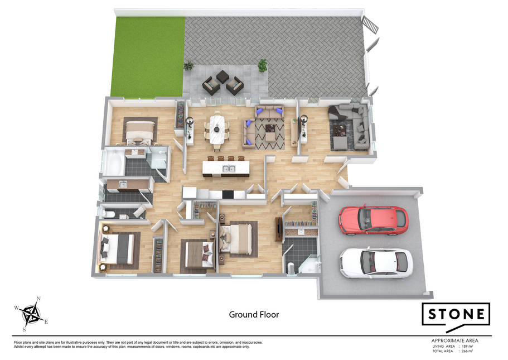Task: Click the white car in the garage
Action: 376,263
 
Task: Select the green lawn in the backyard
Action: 148,57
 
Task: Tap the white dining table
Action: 217,129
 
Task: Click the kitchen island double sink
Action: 229,169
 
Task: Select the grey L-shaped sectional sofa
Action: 350,127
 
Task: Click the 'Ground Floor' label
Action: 254,315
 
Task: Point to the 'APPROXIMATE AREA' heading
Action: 454,340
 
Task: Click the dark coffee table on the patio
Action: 223,77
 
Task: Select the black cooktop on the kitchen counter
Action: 228,194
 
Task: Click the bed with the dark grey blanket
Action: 117,249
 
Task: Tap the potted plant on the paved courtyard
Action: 263,65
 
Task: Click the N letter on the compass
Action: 38,299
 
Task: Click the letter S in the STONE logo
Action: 433,314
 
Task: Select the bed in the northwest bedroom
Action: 139,132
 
